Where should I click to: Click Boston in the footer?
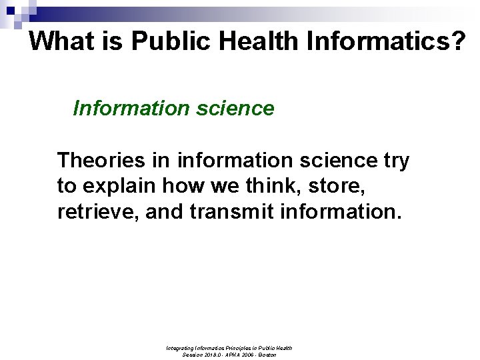265,355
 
